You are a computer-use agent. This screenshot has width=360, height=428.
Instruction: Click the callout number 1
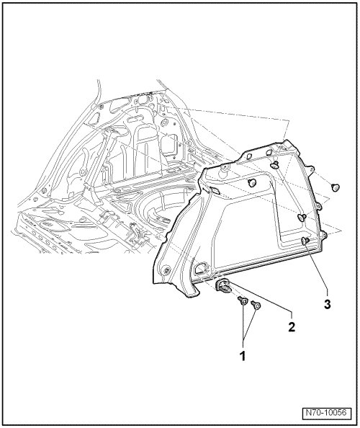pyautogui.click(x=242, y=356)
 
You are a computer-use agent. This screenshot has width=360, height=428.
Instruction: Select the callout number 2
pyautogui.click(x=292, y=326)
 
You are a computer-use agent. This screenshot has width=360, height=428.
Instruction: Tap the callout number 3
pyautogui.click(x=328, y=304)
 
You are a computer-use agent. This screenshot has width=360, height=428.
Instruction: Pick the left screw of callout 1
pyautogui.click(x=242, y=301)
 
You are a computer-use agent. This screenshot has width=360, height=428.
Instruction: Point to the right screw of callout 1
pyautogui.click(x=256, y=306)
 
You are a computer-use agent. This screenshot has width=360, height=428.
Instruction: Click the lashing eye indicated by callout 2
pyautogui.click(x=224, y=286)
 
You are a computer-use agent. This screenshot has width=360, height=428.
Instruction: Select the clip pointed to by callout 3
pyautogui.click(x=305, y=241)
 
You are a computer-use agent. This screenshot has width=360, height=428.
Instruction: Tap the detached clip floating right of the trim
pyautogui.click(x=336, y=188)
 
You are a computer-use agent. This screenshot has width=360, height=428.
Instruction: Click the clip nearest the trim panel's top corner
pyautogui.click(x=274, y=164)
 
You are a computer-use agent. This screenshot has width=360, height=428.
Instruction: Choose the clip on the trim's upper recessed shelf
pyautogui.click(x=252, y=183)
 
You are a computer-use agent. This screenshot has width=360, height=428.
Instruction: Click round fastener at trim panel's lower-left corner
pyautogui.click(x=166, y=271)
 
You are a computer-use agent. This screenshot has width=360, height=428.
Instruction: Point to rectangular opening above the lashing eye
pyautogui.click(x=201, y=268)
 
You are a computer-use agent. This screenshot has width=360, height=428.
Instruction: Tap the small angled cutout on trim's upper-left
pyautogui.click(x=215, y=192)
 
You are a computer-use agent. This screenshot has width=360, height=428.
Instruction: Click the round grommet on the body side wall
pyautogui.click(x=163, y=122)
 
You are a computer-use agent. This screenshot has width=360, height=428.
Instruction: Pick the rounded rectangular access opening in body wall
pyautogui.click(x=168, y=144)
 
